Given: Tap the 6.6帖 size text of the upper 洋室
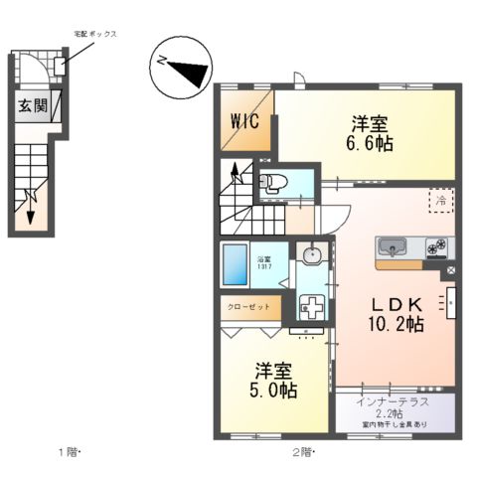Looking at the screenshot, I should [x=370, y=144].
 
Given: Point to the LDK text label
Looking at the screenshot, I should [x=397, y=303].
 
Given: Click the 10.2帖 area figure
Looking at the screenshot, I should [x=397, y=324].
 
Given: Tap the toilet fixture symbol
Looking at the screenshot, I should [x=272, y=182].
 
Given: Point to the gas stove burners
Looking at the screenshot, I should [x=437, y=246].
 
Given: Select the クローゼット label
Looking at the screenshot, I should [x=249, y=307].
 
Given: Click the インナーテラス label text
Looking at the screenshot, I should [x=395, y=401].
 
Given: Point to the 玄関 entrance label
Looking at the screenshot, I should [x=31, y=106].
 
